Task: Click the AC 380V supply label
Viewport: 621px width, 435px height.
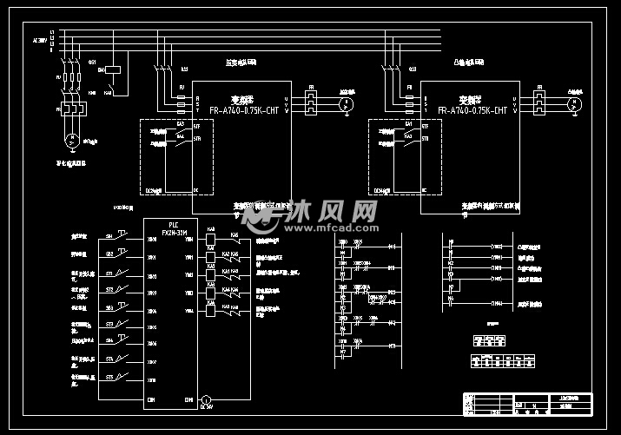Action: tap(40, 40)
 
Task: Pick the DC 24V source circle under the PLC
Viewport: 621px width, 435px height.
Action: tap(206, 400)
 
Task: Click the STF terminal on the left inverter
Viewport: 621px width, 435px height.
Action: tap(196, 127)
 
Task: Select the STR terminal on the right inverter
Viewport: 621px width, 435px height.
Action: tap(425, 138)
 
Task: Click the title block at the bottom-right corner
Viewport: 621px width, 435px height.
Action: tap(526, 403)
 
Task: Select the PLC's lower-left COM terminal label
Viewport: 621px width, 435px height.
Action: tap(152, 399)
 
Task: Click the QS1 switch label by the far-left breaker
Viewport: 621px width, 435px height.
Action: tap(92, 63)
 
